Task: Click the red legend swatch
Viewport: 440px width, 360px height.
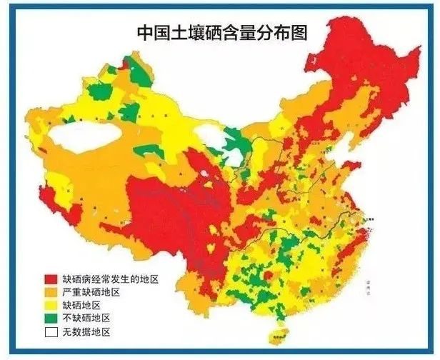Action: point(51,279)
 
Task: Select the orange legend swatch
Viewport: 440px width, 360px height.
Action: point(51,292)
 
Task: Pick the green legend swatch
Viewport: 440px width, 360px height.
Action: point(51,319)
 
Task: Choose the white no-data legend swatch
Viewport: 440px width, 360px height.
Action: point(51,332)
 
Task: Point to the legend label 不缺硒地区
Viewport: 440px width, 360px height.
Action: point(85,319)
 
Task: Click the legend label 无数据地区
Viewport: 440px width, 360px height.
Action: point(85,332)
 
